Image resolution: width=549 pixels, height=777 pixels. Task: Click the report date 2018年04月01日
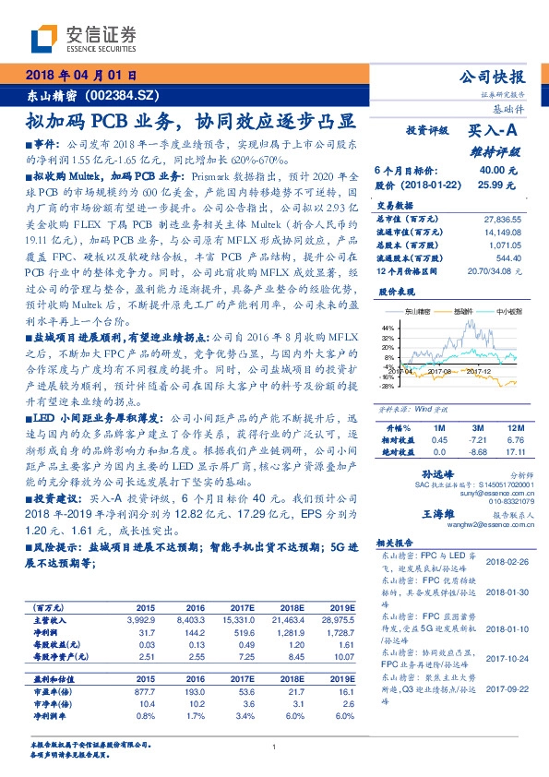point(84,75)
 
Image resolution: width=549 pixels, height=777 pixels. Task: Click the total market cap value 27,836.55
point(502,217)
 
